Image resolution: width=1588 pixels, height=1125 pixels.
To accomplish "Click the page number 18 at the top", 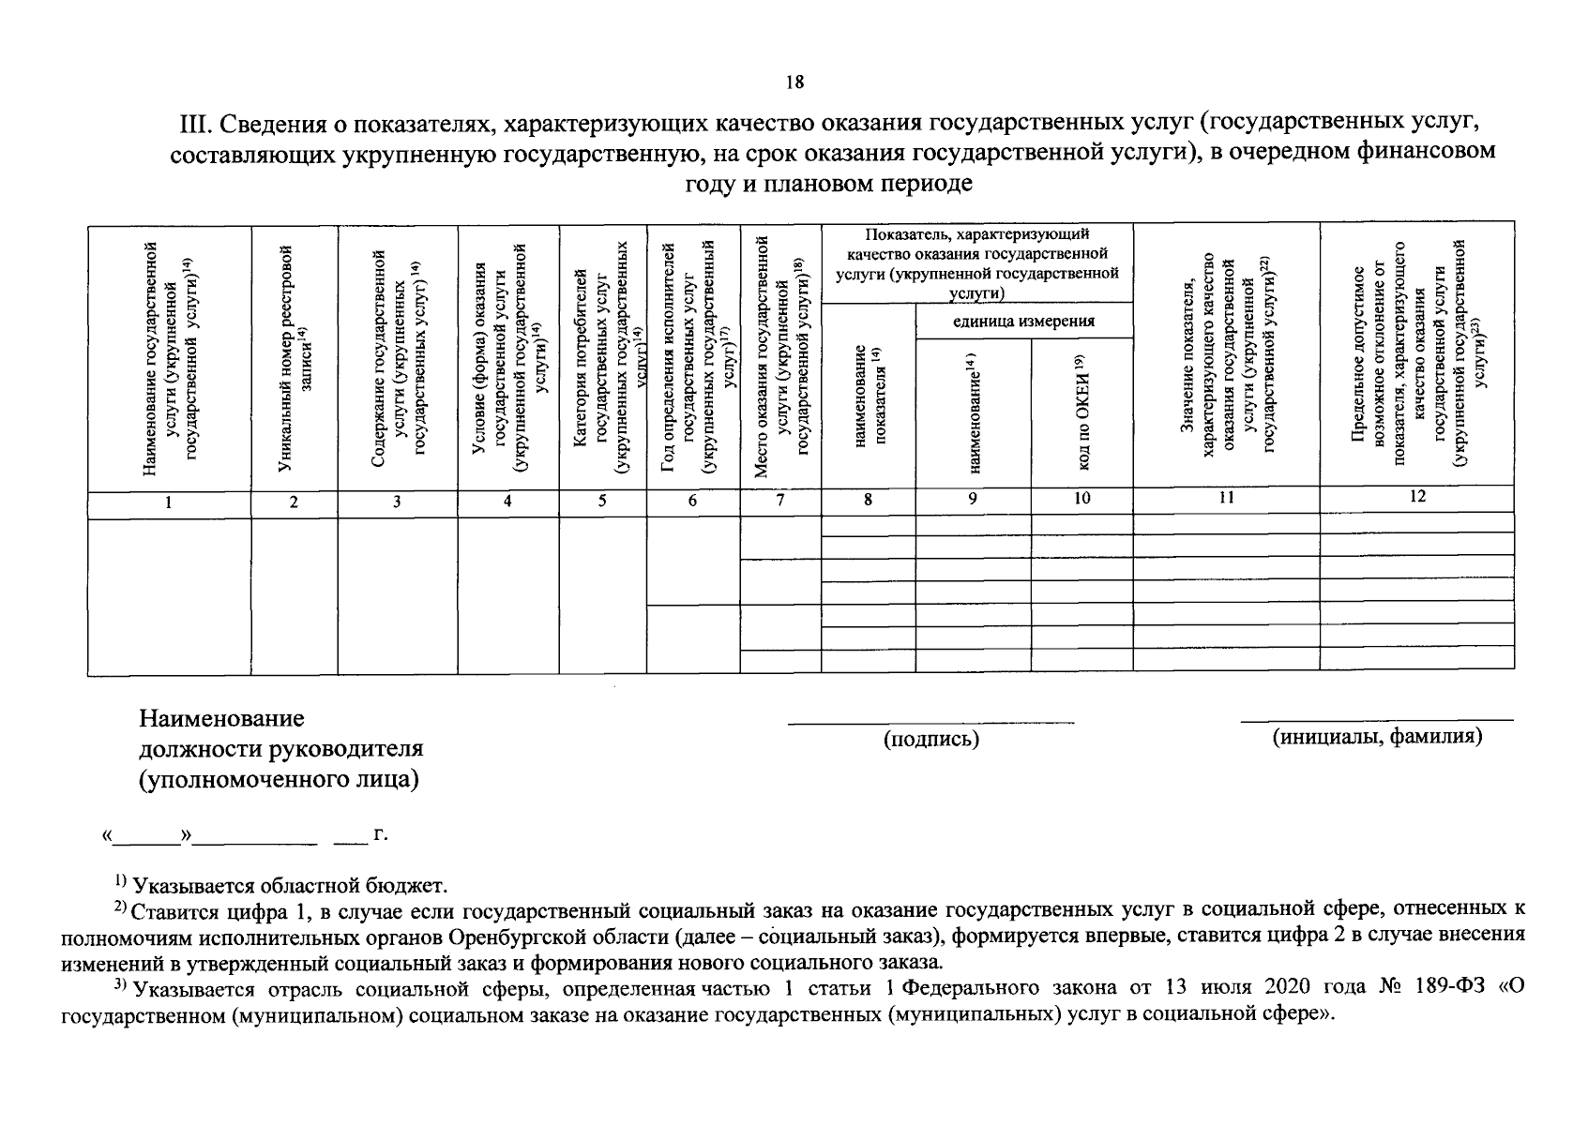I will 794,82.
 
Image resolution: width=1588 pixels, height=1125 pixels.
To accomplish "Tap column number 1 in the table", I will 169,502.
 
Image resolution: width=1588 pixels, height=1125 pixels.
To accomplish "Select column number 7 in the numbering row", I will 780,501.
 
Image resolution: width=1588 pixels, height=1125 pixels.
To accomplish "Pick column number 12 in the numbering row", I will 1416,497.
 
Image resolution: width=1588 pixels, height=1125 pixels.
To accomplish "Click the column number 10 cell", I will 1081,499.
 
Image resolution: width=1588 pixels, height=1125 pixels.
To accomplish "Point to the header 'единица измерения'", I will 1023,322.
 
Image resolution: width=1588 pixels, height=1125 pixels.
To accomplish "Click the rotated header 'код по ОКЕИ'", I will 1081,412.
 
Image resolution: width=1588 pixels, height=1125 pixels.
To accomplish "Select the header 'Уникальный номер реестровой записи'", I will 295,356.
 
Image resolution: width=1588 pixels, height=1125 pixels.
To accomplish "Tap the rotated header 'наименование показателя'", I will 868,394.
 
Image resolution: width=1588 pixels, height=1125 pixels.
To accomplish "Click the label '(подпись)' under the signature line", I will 930,740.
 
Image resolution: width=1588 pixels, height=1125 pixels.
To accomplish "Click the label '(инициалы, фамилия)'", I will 1377,737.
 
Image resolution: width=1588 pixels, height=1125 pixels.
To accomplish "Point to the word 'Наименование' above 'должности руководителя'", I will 222,719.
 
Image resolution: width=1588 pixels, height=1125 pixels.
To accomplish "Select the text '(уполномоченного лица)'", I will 279,780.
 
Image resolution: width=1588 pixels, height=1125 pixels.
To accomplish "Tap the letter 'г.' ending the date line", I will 380,833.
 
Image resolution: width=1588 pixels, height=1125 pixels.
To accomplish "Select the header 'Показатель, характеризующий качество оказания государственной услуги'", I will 976,262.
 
